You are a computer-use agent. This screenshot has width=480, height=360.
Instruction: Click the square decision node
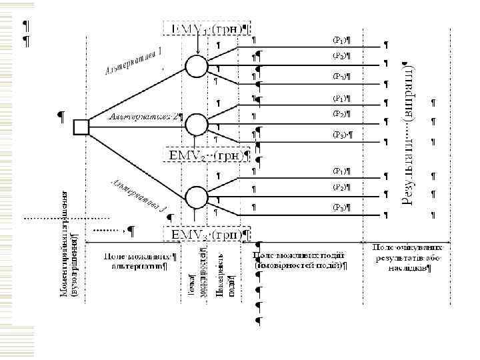[x=81, y=126]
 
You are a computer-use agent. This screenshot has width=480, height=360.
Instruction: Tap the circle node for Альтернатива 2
[x=197, y=124]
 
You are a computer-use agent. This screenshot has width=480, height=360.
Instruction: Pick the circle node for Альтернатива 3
[x=197, y=197]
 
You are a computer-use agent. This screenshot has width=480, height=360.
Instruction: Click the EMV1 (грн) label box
[x=206, y=29]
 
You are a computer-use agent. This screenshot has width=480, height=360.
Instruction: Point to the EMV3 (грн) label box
[x=206, y=235]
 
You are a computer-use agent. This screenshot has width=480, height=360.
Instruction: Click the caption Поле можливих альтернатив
[x=139, y=261]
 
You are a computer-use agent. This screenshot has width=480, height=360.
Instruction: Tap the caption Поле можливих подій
[x=300, y=261]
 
